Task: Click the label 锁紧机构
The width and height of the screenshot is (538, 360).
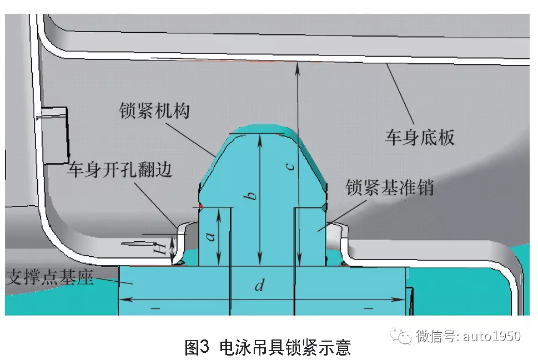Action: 154,110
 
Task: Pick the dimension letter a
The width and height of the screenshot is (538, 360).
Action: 210,236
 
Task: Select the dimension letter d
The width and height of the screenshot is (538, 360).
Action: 259,286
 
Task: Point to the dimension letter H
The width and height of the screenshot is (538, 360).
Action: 160,249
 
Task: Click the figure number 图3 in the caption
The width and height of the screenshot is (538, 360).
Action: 197,347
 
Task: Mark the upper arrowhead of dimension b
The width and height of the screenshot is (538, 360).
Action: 259,136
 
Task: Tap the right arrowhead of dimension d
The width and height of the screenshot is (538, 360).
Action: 404,300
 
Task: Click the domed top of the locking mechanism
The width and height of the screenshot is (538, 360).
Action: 261,129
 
